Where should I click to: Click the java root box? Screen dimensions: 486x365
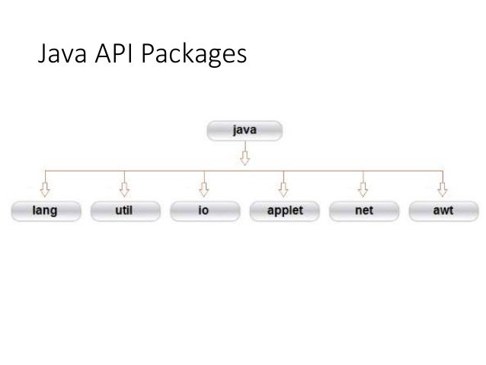(x=245, y=130)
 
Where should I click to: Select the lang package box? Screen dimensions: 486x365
(x=46, y=211)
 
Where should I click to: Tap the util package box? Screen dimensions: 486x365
(x=126, y=211)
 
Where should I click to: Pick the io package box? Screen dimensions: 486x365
(x=205, y=211)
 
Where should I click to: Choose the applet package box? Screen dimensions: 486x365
(x=285, y=211)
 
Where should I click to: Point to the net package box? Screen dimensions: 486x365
(x=364, y=211)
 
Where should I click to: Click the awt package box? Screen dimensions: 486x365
(x=444, y=211)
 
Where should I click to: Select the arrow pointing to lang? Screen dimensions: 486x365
(x=45, y=184)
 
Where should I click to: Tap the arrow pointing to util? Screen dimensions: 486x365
(x=124, y=184)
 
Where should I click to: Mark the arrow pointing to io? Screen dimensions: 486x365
(x=204, y=184)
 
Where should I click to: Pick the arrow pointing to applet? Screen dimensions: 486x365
(x=283, y=184)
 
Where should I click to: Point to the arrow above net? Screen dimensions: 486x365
(x=363, y=184)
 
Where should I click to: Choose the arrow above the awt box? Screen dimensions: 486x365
(x=443, y=184)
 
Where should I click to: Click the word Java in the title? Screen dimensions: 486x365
(x=62, y=53)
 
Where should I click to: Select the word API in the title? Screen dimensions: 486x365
(x=114, y=53)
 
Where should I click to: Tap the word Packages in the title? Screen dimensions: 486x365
(x=194, y=55)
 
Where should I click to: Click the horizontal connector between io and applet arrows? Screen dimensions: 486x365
(x=244, y=171)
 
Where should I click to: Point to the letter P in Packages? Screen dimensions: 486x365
(x=148, y=53)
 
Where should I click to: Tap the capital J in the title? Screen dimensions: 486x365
(x=42, y=53)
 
